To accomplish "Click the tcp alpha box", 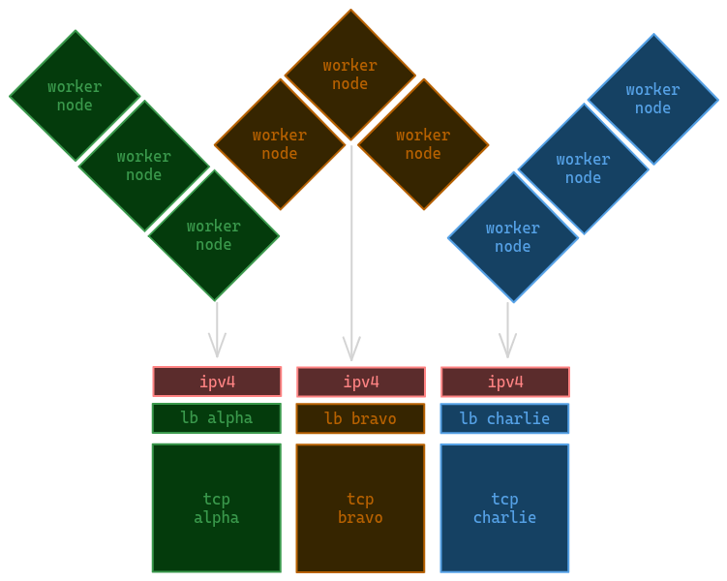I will click(x=216, y=507).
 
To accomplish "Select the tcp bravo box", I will click(x=360, y=507).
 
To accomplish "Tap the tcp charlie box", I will click(x=504, y=507).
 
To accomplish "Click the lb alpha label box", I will click(x=216, y=418).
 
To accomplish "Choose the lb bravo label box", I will click(x=360, y=418).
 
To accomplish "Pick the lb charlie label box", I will click(x=504, y=418).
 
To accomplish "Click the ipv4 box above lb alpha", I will click(x=217, y=382).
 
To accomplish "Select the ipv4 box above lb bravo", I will click(x=360, y=382).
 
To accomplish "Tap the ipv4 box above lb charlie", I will click(x=504, y=382).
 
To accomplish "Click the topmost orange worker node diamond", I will click(x=349, y=75).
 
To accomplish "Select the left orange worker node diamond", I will click(x=280, y=144).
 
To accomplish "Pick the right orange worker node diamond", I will click(x=423, y=144).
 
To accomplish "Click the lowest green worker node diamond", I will click(x=214, y=235).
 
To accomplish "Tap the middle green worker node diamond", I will click(x=144, y=166).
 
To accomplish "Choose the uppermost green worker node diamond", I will click(x=75, y=96).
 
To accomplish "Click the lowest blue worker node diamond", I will click(x=512, y=237).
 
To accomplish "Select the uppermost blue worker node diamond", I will click(x=652, y=99).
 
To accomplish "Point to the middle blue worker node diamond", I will click(x=583, y=168).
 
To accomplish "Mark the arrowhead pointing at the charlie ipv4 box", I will click(x=507, y=348).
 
